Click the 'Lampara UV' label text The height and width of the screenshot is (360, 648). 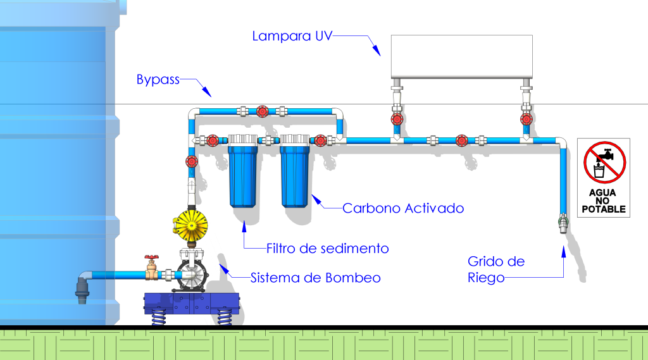[x=291, y=36]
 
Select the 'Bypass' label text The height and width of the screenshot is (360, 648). [x=158, y=80]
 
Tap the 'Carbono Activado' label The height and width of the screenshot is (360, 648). [x=403, y=208]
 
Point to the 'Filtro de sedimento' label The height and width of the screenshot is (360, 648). [x=327, y=249]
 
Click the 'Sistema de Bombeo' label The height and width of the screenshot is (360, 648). [x=316, y=278]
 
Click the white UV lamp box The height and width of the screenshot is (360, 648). [x=461, y=57]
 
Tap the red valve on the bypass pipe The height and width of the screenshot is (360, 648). [x=262, y=112]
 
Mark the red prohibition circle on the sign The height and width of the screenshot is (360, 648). [x=604, y=162]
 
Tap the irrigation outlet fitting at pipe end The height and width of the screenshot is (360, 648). [x=563, y=223]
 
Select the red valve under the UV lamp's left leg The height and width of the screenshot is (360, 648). [x=397, y=119]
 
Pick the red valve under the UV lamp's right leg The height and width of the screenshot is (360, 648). [x=526, y=119]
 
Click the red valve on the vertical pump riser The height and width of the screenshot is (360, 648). [x=190, y=161]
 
